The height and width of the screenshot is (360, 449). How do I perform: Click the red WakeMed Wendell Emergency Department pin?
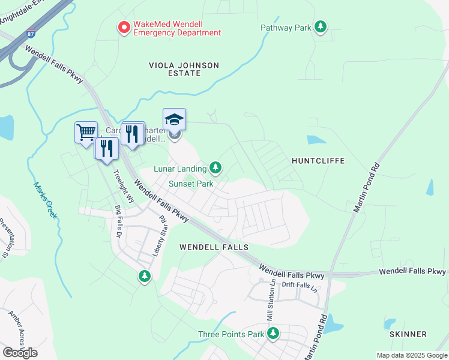click(x=124, y=28)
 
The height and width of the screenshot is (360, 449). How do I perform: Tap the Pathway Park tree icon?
click(x=321, y=27)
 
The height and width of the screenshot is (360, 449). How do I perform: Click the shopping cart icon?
click(x=86, y=131)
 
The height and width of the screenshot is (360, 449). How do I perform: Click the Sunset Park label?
click(x=190, y=184)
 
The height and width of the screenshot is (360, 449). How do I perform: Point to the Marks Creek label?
click(x=45, y=200)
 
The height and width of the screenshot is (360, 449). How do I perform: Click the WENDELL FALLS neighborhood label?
click(x=214, y=247)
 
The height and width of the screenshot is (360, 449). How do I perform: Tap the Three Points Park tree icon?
click(x=273, y=333)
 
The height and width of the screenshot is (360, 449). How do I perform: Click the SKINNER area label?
click(x=408, y=334)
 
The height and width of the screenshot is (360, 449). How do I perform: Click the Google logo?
click(x=20, y=353)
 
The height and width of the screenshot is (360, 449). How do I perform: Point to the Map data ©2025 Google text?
click(x=411, y=355)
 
